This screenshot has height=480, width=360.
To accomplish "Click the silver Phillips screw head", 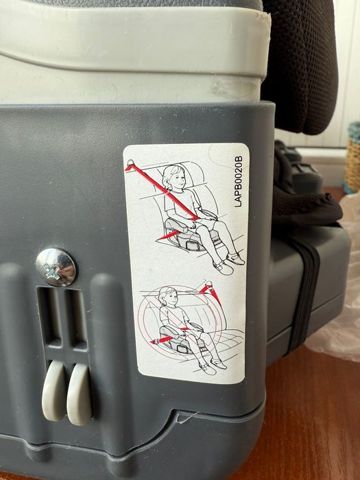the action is (x=56, y=267).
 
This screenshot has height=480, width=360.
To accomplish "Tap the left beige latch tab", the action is (x=54, y=390).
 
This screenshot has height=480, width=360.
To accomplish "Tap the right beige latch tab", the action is (x=80, y=394).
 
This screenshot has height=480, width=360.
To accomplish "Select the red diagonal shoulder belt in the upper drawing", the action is (x=163, y=191).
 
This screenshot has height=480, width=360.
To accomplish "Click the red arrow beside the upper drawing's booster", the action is (x=168, y=235).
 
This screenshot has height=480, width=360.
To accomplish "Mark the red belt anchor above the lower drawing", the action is (x=211, y=291).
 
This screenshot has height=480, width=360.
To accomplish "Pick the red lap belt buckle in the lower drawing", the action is (x=163, y=339).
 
